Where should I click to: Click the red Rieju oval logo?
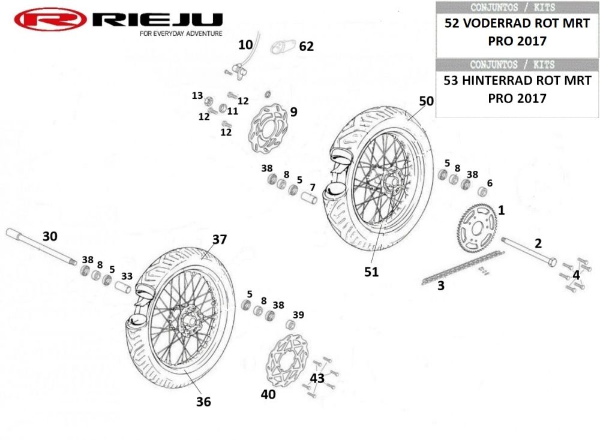50,19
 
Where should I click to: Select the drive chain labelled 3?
463,267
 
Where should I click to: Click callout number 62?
306,46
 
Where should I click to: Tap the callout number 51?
371,272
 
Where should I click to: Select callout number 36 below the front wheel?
203,402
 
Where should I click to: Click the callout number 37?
220,239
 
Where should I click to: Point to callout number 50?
426,101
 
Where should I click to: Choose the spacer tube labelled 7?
309,198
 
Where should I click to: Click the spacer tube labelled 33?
122,287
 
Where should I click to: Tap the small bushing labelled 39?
292,325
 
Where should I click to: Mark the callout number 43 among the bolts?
317,378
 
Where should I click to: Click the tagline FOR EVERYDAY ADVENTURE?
181,34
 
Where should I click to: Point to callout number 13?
197,95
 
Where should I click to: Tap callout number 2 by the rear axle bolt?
538,243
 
